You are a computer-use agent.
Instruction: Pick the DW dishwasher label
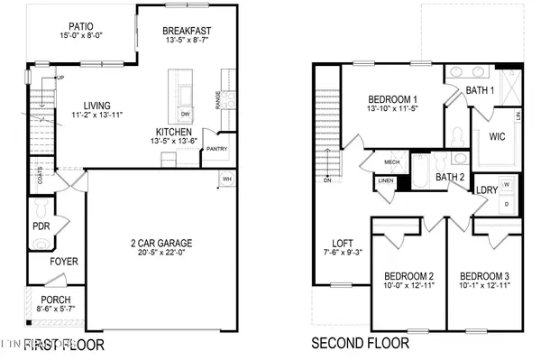click(186, 114)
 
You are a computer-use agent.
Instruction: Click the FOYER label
click(63, 263)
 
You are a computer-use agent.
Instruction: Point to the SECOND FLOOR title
click(360, 344)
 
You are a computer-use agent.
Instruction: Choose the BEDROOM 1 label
click(392, 99)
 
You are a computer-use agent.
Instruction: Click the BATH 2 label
click(449, 177)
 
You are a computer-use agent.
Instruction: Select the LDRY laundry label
click(486, 190)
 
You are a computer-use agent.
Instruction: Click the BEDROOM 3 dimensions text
click(485, 286)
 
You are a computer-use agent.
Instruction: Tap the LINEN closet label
click(386, 181)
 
